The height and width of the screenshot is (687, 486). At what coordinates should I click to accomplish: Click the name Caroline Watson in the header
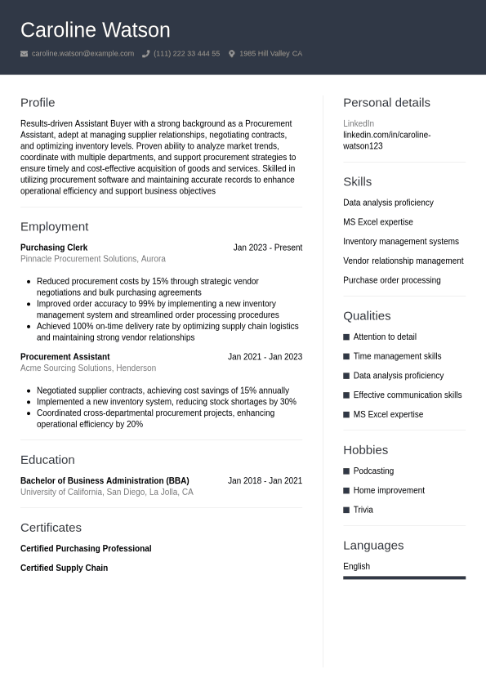point(95,30)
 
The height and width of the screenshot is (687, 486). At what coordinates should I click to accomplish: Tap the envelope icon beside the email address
point(25,54)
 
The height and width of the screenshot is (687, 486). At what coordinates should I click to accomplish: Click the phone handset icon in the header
point(145,54)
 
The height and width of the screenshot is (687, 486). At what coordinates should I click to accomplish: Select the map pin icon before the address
point(231,54)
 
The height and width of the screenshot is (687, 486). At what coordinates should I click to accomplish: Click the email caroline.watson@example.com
point(82,54)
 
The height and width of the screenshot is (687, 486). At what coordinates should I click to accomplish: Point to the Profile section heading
point(38,103)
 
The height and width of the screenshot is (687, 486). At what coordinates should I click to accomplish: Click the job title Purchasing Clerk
point(54,248)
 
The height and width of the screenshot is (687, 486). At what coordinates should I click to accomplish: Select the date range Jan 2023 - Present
point(267,248)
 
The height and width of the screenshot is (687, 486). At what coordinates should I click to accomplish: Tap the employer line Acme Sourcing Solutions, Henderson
point(88,368)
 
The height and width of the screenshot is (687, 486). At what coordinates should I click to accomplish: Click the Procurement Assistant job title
point(65,357)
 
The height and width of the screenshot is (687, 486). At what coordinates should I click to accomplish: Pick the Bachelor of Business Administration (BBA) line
point(105,481)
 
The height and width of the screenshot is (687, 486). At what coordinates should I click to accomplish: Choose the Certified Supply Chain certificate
point(64,569)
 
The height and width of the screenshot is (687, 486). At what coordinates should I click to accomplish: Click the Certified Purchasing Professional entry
point(86,549)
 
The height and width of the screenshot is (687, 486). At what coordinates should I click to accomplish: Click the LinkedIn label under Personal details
point(359,124)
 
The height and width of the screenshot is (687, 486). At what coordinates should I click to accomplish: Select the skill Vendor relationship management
point(403,261)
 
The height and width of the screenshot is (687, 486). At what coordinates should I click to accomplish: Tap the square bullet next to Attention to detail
point(346,337)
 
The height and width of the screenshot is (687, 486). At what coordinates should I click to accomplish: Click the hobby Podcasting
point(373,471)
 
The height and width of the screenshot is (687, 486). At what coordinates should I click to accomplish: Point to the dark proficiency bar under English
point(404,578)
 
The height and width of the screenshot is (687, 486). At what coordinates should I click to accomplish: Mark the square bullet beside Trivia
point(346,511)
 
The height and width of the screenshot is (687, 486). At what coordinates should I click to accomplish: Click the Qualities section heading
point(367,316)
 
